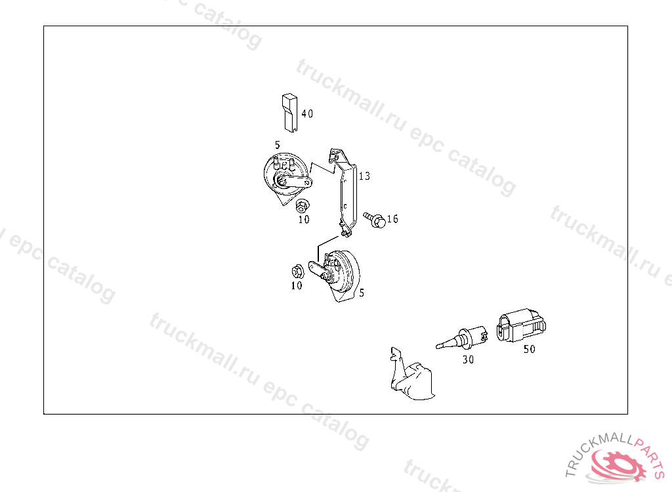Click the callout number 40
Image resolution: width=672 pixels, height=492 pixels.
(307, 113)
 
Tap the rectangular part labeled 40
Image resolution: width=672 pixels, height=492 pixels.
(289, 113)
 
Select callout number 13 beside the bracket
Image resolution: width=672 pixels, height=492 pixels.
(364, 176)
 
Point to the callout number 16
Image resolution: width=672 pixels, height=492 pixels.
(392, 219)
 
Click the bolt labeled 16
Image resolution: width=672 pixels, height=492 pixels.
(374, 219)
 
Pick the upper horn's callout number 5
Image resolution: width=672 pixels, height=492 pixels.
(278, 145)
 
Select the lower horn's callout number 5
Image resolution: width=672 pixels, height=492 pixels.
(362, 293)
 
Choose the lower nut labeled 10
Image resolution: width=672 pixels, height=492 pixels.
(297, 272)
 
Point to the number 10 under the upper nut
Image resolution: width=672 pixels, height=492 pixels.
(304, 219)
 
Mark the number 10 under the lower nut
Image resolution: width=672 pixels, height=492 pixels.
(297, 285)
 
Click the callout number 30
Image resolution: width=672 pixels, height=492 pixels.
(468, 359)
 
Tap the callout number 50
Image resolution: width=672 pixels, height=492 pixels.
(530, 349)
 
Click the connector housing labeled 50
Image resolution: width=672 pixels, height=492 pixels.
(521, 325)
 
